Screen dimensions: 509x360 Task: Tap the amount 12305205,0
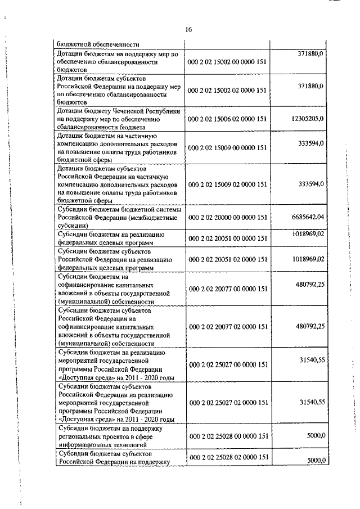coord(307,119)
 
